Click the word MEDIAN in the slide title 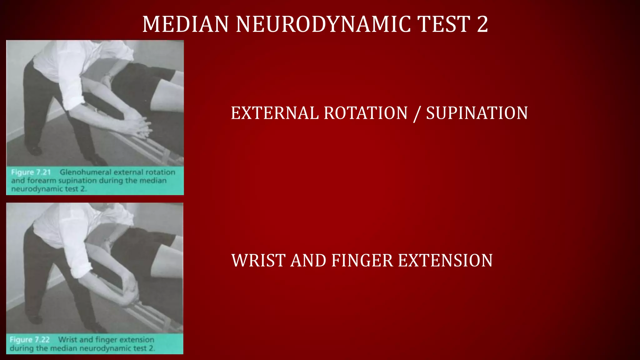pyautogui.click(x=186, y=24)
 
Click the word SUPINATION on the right pyautogui.click(x=477, y=113)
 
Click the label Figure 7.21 pyautogui.click(x=31, y=172)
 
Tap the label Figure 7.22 pyautogui.click(x=30, y=340)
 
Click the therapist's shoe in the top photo pyautogui.click(x=35, y=151)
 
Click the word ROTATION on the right pyautogui.click(x=366, y=113)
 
